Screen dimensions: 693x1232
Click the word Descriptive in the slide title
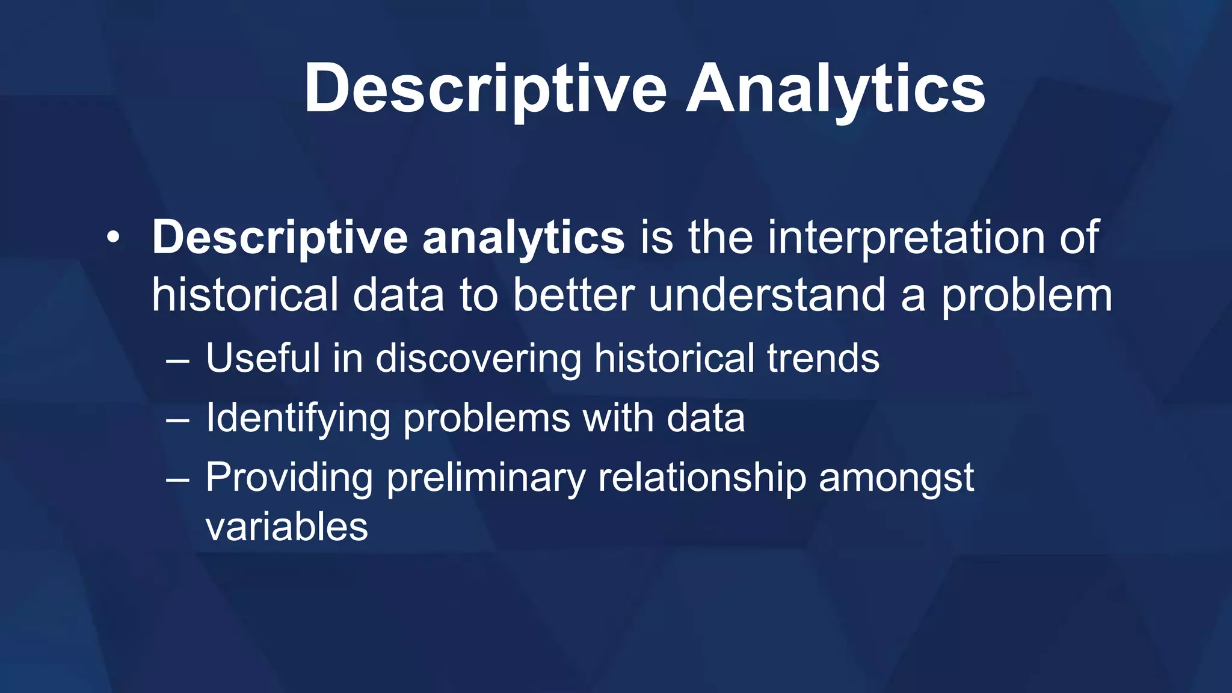[485, 89]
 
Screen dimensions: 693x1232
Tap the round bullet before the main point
[113, 238]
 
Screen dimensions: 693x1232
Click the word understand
[768, 295]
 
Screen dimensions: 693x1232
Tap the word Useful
[263, 358]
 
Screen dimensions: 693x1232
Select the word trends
[823, 358]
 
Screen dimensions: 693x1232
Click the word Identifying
[298, 418]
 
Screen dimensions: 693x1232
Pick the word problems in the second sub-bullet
[486, 418]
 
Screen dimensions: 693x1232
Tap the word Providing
[289, 478]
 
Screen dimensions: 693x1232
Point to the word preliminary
[486, 478]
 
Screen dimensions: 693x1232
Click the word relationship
[701, 478]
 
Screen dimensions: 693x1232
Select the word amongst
[896, 478]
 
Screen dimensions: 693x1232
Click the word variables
[286, 527]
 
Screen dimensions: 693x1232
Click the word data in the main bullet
[398, 295]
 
